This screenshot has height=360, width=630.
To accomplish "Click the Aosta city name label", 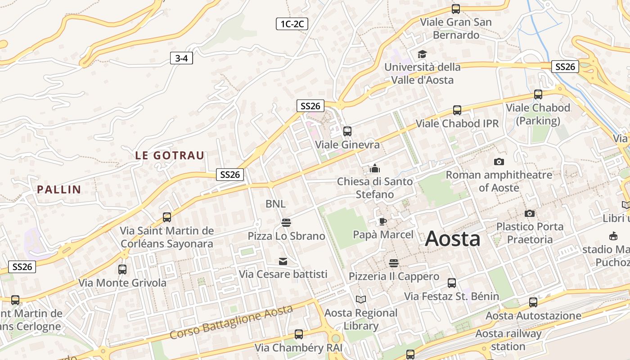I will (x=452, y=238).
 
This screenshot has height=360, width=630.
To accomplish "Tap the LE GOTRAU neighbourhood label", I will (x=170, y=156).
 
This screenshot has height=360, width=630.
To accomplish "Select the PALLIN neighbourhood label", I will (x=59, y=189).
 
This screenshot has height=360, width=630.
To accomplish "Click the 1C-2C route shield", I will (x=292, y=24).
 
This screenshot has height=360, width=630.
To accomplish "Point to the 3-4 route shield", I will (x=181, y=58).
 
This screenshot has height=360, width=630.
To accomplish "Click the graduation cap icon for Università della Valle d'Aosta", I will (x=422, y=54).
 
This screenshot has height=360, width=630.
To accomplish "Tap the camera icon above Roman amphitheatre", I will (x=499, y=162).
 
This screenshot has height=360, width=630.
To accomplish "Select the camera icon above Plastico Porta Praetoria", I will (x=530, y=213).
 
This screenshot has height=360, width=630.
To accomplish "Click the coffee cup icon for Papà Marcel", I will (x=382, y=221).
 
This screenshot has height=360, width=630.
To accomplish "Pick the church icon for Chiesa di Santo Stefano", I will (x=374, y=169).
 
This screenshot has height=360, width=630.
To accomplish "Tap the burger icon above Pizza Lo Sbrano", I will (x=286, y=223).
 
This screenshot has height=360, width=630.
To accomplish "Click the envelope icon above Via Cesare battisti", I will (x=283, y=261).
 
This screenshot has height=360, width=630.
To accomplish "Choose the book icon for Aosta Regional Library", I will (x=360, y=299).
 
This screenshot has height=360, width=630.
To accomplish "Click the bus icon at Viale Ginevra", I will (x=347, y=131).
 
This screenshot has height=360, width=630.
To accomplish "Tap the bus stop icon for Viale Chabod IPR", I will (x=457, y=110).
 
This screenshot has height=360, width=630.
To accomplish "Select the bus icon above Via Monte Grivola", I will (x=122, y=270).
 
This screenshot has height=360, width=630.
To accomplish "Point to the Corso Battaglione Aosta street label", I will (x=231, y=322).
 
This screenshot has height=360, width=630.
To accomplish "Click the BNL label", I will (x=275, y=204).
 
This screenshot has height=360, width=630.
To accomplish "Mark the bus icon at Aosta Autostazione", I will (x=533, y=302).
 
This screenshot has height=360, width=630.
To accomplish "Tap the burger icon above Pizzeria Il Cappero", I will (x=394, y=263).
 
